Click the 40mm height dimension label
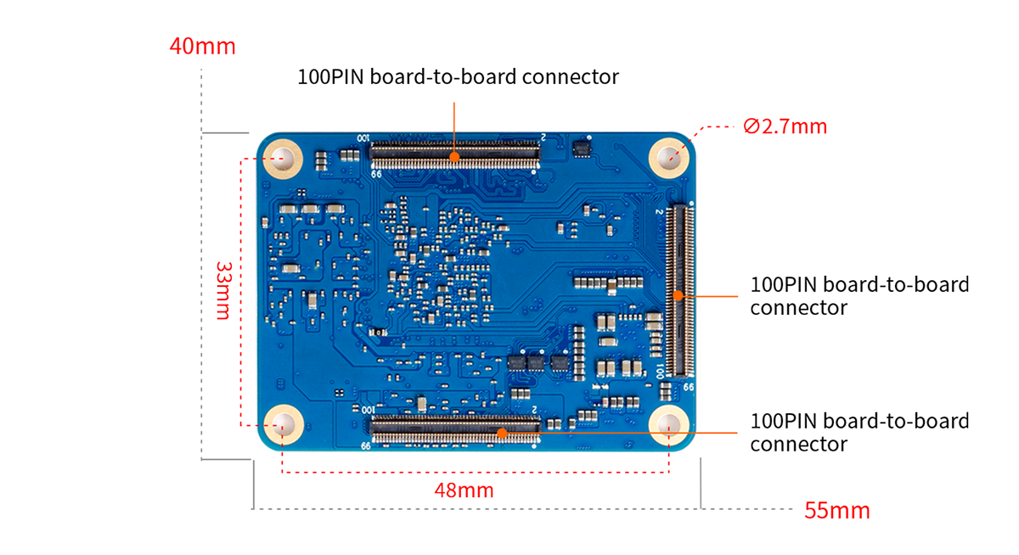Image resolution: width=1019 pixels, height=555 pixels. coord(202,46)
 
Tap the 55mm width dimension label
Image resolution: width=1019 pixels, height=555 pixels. coord(836,511)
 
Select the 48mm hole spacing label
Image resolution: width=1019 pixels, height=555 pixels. coord(464,491)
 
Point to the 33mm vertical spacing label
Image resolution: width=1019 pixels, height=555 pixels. coord(222,289)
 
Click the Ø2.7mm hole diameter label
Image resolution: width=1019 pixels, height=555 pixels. coord(785,126)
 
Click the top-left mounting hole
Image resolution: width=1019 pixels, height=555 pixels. coord(284,158)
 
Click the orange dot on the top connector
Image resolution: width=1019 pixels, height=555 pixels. coord(455,156)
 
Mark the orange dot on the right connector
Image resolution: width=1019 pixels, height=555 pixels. coord(678,295)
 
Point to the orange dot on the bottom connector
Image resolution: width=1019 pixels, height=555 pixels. coord(502,433)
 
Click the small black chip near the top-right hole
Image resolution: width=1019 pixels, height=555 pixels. coord(583,149)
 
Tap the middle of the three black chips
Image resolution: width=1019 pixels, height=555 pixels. coord(536,363)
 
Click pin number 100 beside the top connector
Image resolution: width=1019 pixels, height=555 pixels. coord(363,138)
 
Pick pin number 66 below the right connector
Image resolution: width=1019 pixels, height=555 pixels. coord(689,386)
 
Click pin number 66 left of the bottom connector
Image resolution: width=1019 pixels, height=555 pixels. coord(365,446)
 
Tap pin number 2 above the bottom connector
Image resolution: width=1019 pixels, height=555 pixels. coord(533,409)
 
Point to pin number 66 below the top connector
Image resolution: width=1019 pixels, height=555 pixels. coord(375,173)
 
